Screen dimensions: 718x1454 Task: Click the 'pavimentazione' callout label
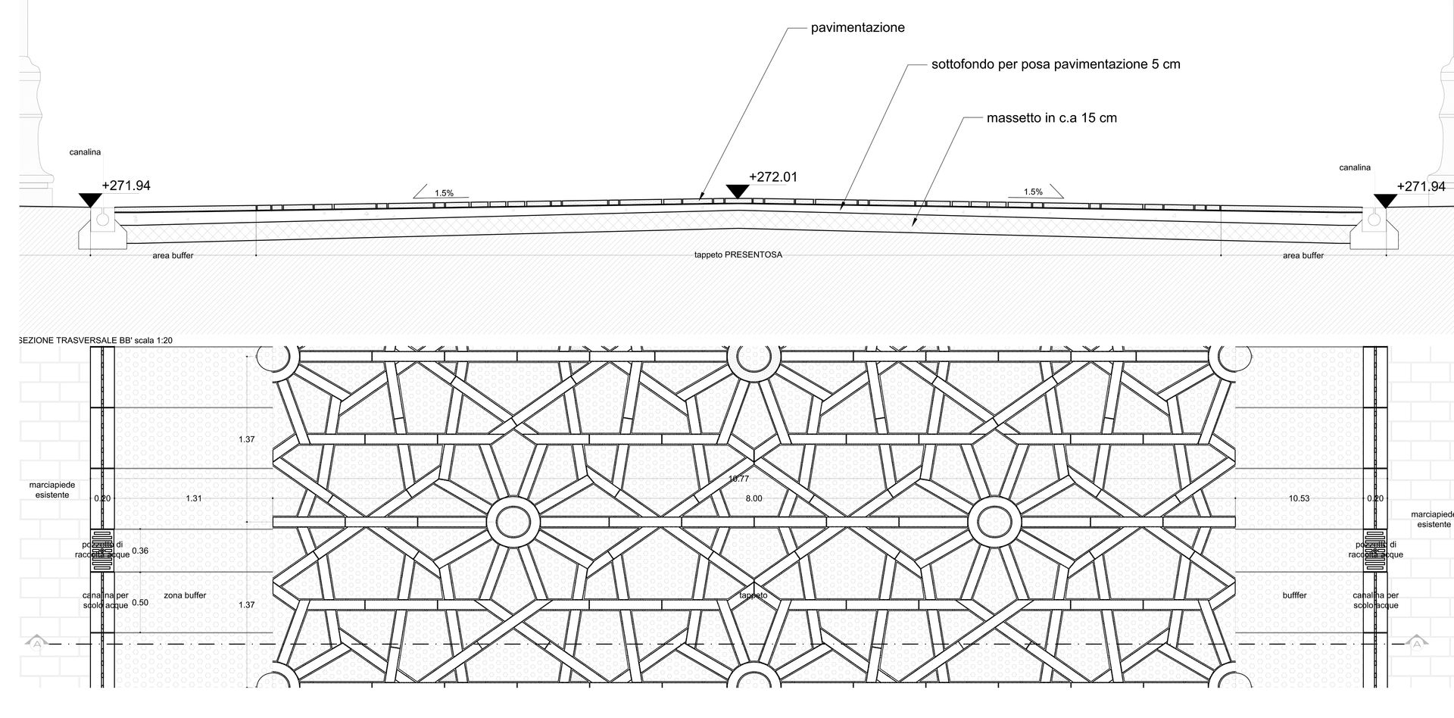(857, 28)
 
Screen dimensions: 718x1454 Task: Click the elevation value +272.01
(772, 177)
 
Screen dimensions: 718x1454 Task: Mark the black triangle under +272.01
(737, 192)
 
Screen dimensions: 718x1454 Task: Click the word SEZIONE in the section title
(36, 341)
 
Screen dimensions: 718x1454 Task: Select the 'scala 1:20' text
(154, 341)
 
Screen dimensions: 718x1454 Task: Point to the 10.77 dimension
(738, 479)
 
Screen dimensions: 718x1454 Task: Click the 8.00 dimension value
(754, 498)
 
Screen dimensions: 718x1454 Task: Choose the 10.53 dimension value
(1299, 498)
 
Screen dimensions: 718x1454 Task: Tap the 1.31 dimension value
(194, 498)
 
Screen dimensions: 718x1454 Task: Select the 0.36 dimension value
(140, 551)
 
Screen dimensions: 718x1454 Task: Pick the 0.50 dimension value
(140, 603)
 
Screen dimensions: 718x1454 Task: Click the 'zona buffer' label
(185, 595)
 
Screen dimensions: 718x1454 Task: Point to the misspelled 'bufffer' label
(1295, 595)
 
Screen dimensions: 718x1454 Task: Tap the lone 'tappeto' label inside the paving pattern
(754, 595)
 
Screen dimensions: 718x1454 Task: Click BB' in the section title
(126, 341)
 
